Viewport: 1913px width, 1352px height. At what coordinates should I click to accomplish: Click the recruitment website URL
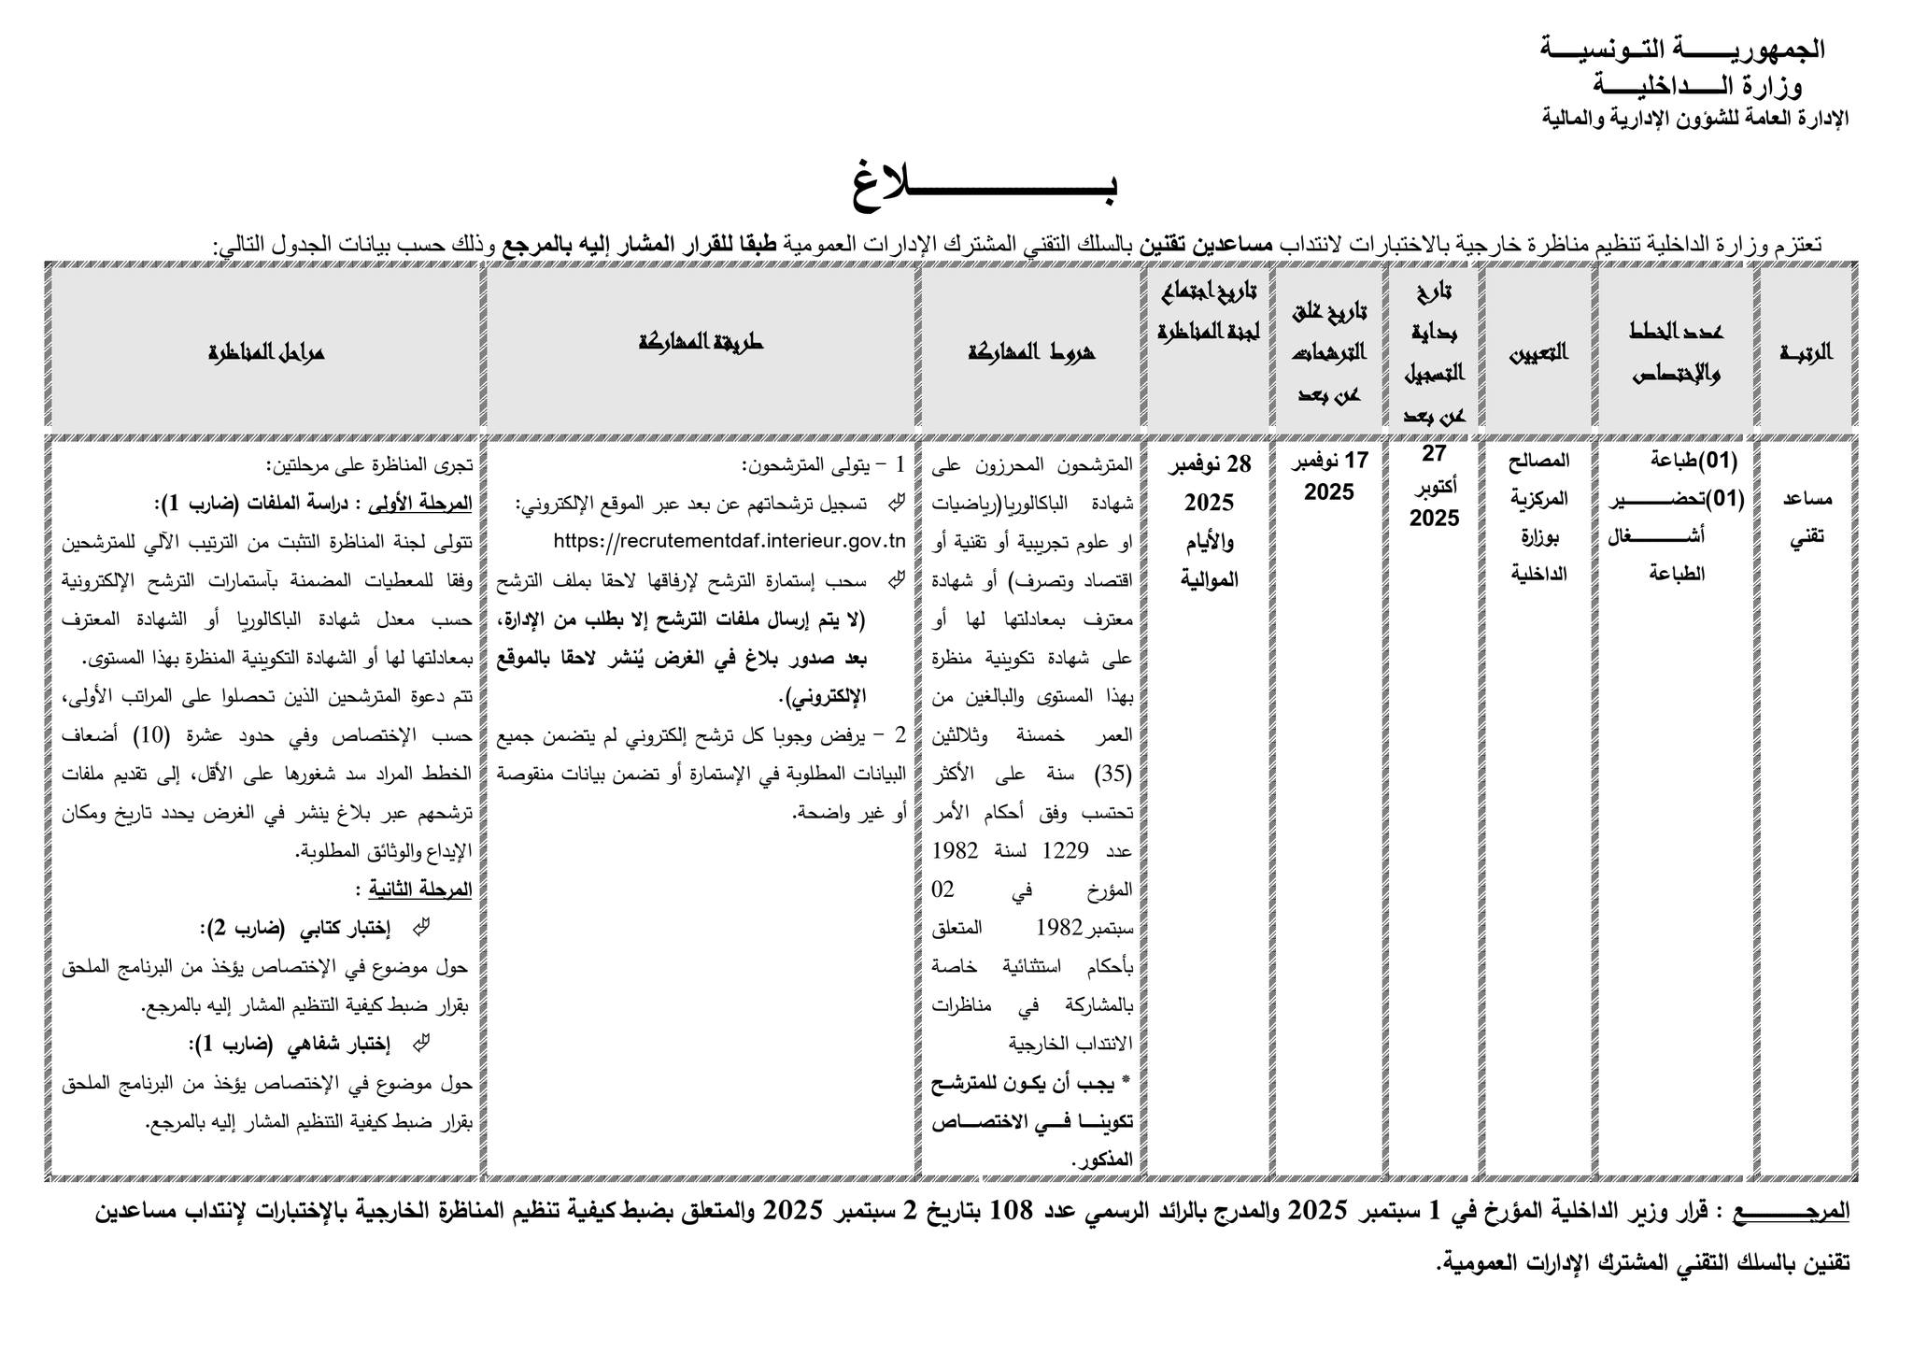(730, 541)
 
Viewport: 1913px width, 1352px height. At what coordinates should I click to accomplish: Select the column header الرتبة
(1805, 351)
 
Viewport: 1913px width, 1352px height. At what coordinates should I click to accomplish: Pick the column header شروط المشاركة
(1031, 351)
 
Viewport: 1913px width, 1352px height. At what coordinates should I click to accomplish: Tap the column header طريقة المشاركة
(701, 342)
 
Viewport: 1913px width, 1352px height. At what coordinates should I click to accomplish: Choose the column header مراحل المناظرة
(266, 351)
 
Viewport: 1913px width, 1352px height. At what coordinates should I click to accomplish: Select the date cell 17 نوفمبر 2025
(1329, 476)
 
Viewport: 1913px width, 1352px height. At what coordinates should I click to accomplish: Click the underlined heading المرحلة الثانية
(420, 889)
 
